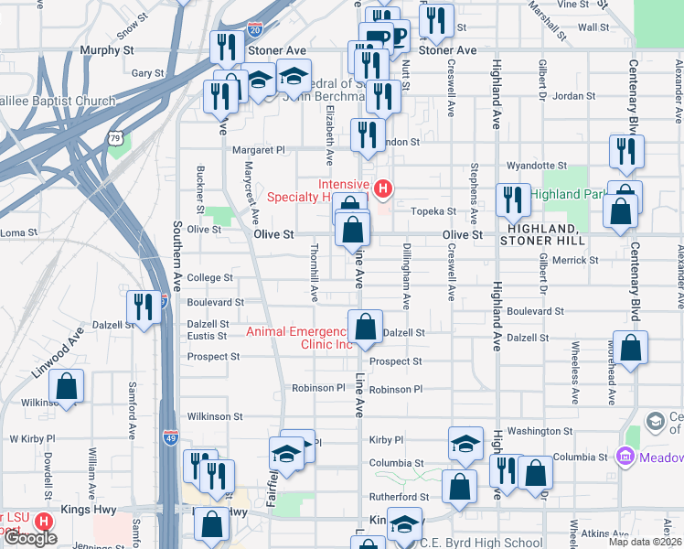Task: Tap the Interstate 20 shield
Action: pyautogui.click(x=254, y=31)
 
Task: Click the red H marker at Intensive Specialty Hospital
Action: pyautogui.click(x=383, y=189)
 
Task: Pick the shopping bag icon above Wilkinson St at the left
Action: pyautogui.click(x=67, y=386)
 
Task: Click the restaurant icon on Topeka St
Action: pyautogui.click(x=513, y=200)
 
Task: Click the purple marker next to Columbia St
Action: pyautogui.click(x=625, y=456)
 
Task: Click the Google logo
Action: pyautogui.click(x=30, y=538)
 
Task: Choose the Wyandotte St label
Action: pyautogui.click(x=539, y=166)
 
